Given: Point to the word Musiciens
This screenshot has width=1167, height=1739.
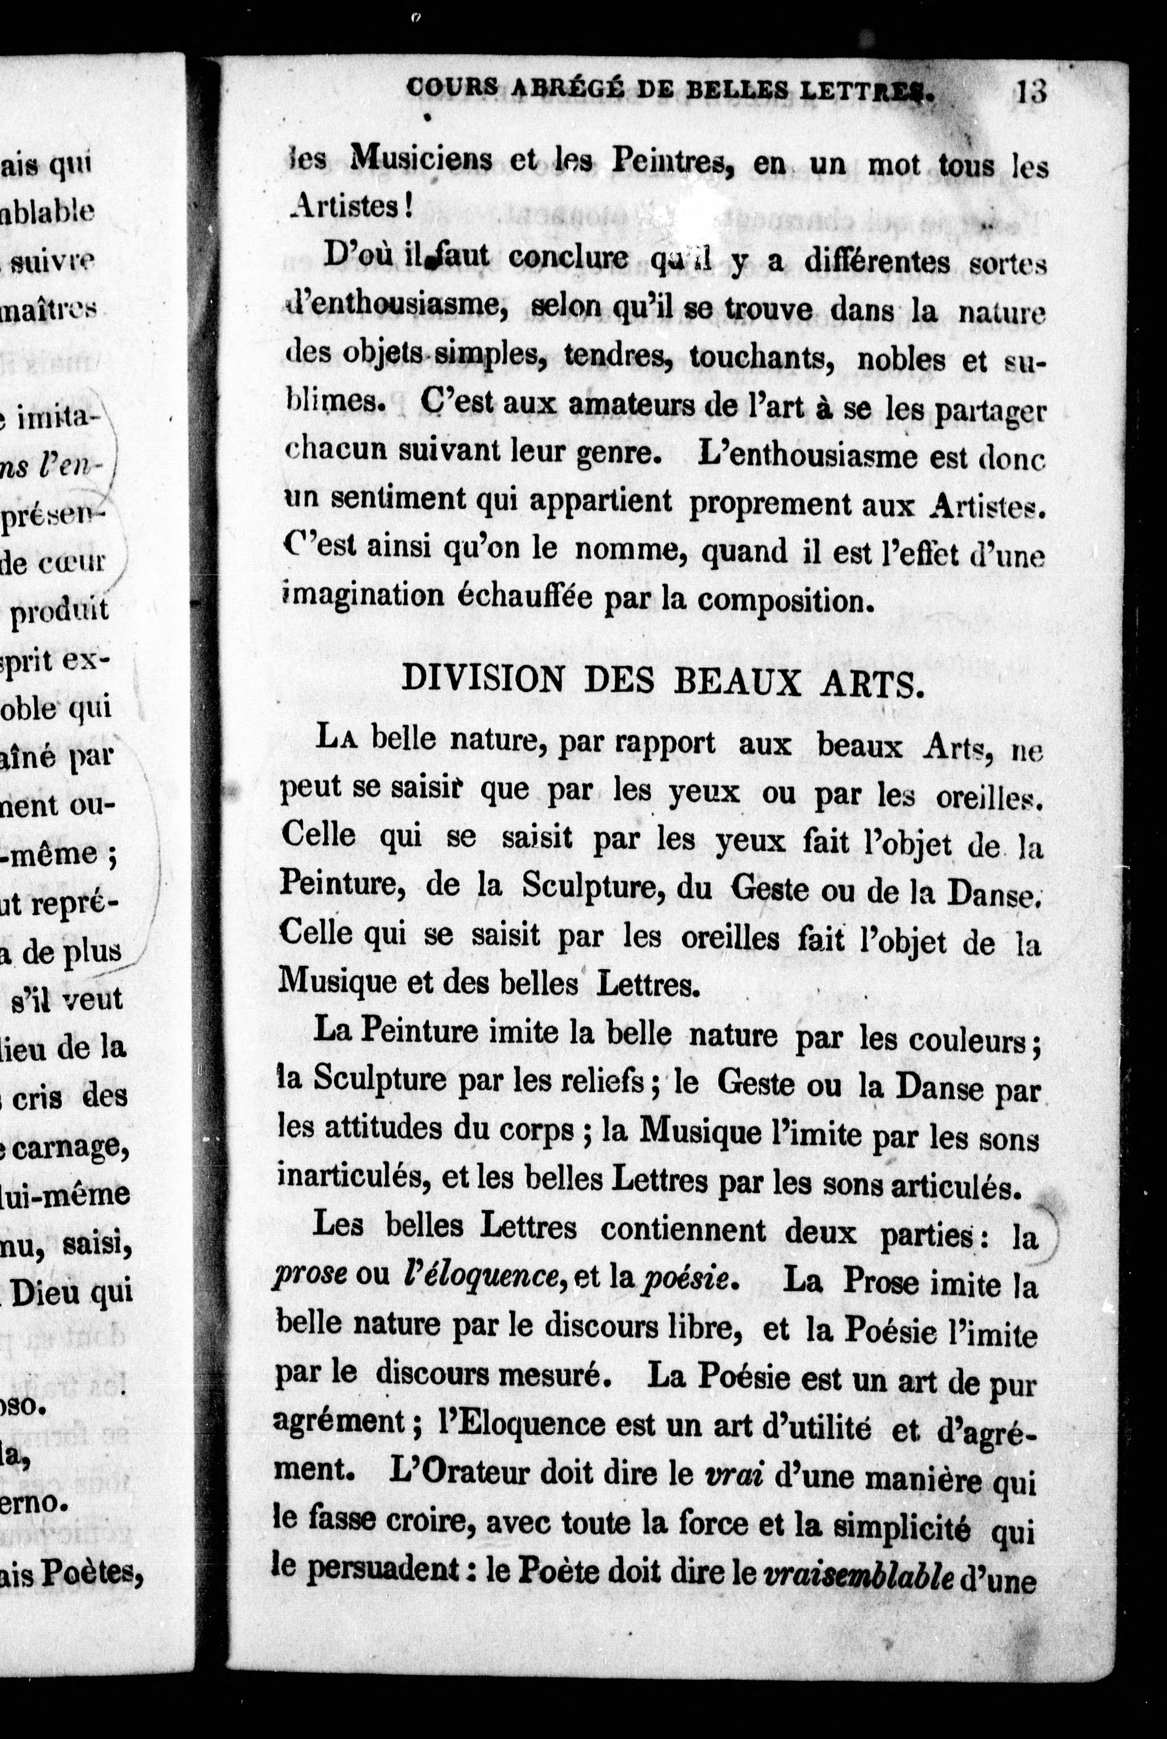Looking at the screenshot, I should click(421, 158).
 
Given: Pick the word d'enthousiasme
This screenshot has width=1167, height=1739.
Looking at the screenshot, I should click(396, 306).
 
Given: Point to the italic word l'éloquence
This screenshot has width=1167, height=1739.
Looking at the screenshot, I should click(481, 1275).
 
